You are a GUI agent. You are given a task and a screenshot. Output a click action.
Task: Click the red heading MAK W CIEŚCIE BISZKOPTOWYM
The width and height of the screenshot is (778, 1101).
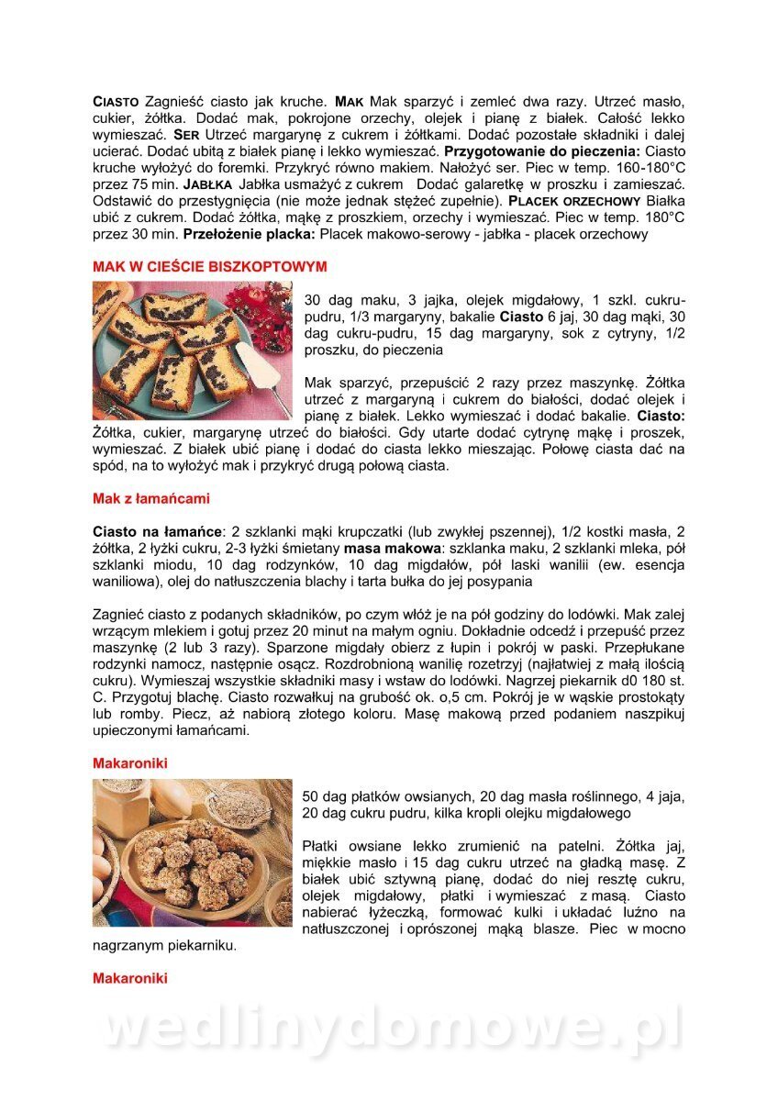point(209,266)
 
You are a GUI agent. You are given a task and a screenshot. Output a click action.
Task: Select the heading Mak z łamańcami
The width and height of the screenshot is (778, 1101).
point(151,499)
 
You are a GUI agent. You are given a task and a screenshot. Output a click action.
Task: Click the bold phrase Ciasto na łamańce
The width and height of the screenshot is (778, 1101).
point(158,532)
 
